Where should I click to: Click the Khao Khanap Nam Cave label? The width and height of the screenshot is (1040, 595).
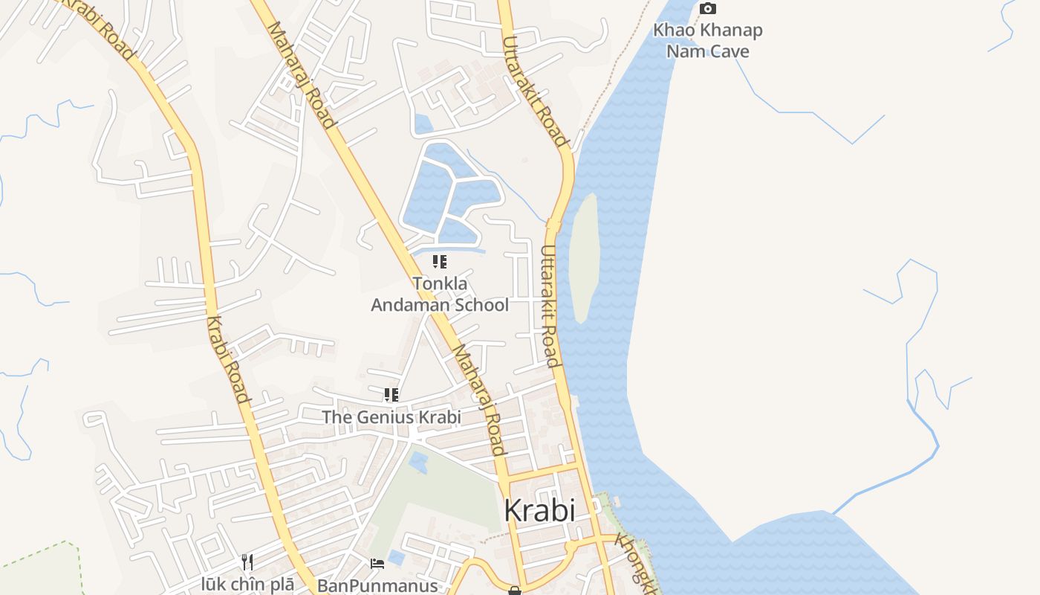[x=707, y=41]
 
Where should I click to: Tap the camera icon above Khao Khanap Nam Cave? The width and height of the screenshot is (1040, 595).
[x=708, y=9]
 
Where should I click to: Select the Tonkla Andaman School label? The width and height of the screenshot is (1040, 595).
[x=440, y=295]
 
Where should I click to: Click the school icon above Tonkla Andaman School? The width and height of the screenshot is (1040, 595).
[x=440, y=262]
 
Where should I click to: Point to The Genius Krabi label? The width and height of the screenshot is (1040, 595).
[x=391, y=417]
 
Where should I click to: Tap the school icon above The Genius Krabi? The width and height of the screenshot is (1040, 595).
[x=391, y=395]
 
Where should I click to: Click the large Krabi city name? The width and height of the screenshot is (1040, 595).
[x=539, y=511]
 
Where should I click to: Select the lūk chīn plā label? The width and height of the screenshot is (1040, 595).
[x=247, y=585]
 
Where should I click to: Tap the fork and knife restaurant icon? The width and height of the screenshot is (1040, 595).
[x=247, y=562]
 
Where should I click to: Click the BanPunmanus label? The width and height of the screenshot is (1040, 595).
[x=377, y=586]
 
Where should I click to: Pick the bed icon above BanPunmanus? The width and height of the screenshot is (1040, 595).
[x=377, y=563]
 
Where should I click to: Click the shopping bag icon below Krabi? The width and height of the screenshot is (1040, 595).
[x=514, y=591]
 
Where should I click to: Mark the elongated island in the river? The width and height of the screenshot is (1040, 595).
[x=584, y=257]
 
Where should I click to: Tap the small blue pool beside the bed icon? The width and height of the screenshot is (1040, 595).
[x=397, y=557]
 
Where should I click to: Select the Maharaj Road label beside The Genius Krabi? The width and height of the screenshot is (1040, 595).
[x=478, y=400]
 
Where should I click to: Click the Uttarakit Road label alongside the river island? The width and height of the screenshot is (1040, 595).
[x=549, y=306]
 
